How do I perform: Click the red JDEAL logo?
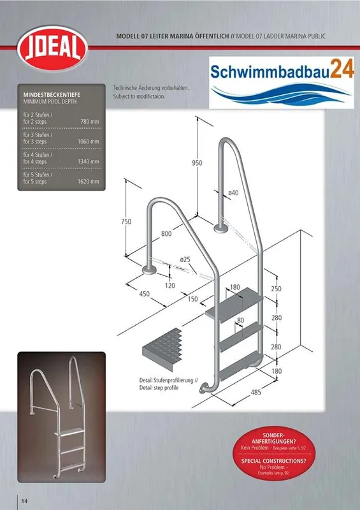point(53,48)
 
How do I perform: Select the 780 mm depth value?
point(90,122)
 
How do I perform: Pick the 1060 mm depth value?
point(88,142)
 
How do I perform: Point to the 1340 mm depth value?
point(88,161)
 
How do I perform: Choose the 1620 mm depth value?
point(88,182)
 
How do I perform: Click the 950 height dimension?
point(197,163)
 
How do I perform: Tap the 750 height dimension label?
point(126,221)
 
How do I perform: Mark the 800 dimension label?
point(166,233)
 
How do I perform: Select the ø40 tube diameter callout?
point(233,193)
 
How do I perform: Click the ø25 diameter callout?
point(185,259)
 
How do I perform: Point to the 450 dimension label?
point(145,294)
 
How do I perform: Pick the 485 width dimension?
point(256,392)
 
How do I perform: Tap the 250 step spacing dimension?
point(276,289)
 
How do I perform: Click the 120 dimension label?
point(169,286)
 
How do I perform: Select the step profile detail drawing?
point(162,349)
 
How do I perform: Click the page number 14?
point(24,500)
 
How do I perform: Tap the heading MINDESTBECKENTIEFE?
point(52,95)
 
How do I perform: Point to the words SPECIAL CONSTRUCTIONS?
point(274,461)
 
